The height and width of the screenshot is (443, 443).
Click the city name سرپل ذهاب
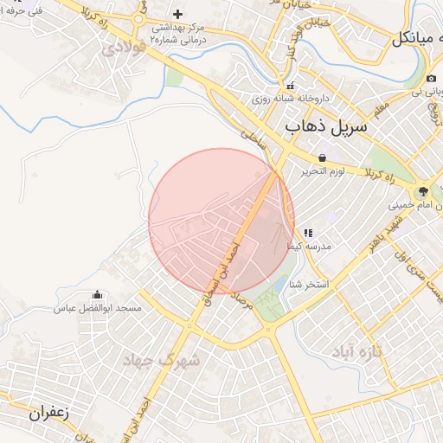[x=326, y=129]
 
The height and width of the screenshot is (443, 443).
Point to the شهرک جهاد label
[x=161, y=358]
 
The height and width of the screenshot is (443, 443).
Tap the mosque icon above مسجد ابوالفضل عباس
[x=96, y=295]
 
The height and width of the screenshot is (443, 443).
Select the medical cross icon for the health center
[x=177, y=14]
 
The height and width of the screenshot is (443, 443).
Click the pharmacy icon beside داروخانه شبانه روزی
[x=291, y=86]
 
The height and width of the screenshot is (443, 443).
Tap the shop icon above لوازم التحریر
[x=323, y=158]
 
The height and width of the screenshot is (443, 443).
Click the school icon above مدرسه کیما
[x=308, y=233]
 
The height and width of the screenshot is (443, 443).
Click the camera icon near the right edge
[x=431, y=79]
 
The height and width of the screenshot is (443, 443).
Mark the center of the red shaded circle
[x=221, y=221]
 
